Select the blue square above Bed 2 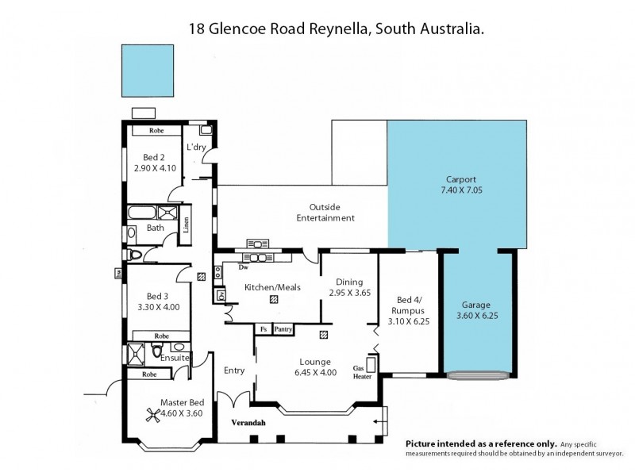[x=148, y=71]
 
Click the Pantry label [x=283, y=328]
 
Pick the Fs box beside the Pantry [x=262, y=328]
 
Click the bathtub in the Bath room [x=141, y=213]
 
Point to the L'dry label [x=195, y=148]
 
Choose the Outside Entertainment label [x=325, y=213]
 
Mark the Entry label [x=234, y=370]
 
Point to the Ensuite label [x=175, y=359]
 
